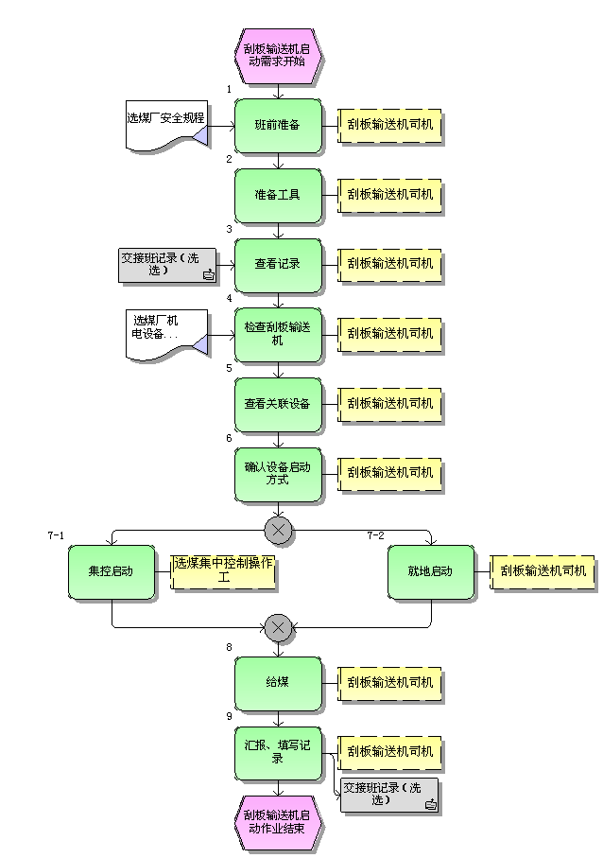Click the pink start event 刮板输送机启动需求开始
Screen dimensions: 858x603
pyautogui.click(x=278, y=55)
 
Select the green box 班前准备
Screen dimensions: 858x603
pyautogui.click(x=278, y=125)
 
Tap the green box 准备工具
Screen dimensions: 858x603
pyautogui.click(x=278, y=195)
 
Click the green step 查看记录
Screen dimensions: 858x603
pyautogui.click(x=278, y=264)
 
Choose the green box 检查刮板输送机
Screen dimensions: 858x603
pyautogui.click(x=278, y=334)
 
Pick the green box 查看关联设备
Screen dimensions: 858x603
pyautogui.click(x=278, y=404)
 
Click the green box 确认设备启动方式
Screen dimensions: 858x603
pyautogui.click(x=278, y=474)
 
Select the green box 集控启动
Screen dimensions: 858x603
pyautogui.click(x=112, y=571)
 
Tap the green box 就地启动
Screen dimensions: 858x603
pyautogui.click(x=431, y=571)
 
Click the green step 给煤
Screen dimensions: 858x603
pyautogui.click(x=278, y=683)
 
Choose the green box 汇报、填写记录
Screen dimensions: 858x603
pyautogui.click(x=278, y=752)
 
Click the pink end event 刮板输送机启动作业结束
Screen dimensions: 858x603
pyautogui.click(x=278, y=821)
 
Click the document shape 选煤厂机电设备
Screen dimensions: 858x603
pyautogui.click(x=166, y=334)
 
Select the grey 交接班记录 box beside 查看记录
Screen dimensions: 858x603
pyautogui.click(x=166, y=265)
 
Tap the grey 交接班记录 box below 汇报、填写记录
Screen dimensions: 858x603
pyautogui.click(x=389, y=796)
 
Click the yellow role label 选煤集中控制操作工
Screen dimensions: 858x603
pyautogui.click(x=224, y=570)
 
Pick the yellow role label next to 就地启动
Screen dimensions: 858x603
pyautogui.click(x=543, y=571)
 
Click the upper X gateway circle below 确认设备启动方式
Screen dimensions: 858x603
pyautogui.click(x=278, y=531)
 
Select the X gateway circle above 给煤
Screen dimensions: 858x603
pyautogui.click(x=278, y=626)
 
